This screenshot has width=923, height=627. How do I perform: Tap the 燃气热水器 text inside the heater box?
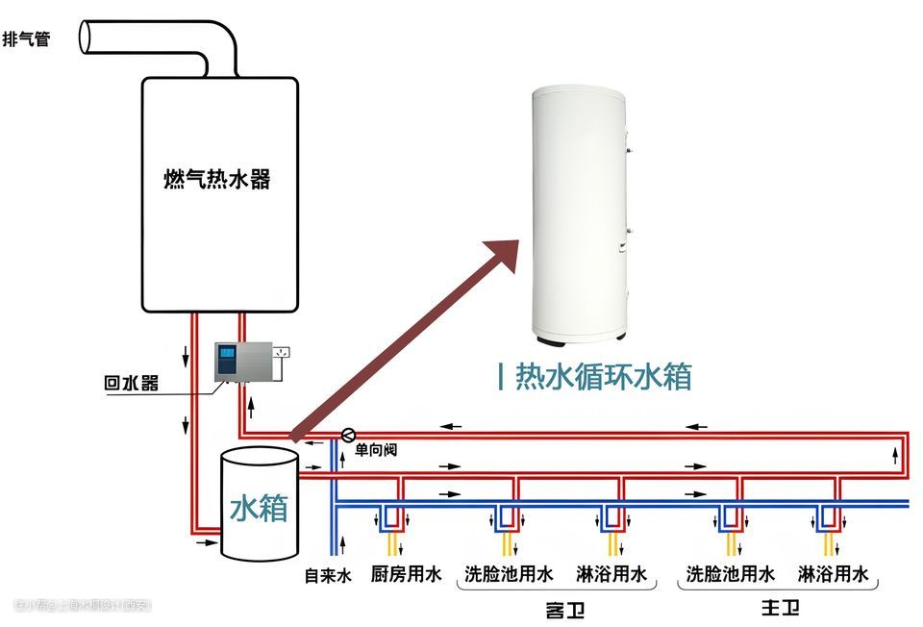pos(216,179)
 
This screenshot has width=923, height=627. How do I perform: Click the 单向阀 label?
pos(376,449)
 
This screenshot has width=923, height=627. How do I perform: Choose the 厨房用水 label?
pos(406,575)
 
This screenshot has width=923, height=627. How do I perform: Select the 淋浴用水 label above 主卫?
pos(834,575)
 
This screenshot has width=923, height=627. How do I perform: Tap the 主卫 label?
pos(780,608)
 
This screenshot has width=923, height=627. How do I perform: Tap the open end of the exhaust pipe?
pos(87,36)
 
